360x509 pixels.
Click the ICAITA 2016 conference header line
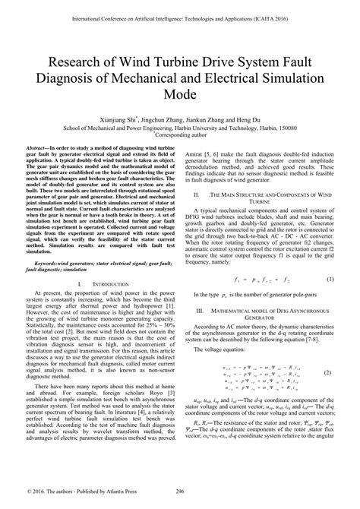point(180,14)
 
